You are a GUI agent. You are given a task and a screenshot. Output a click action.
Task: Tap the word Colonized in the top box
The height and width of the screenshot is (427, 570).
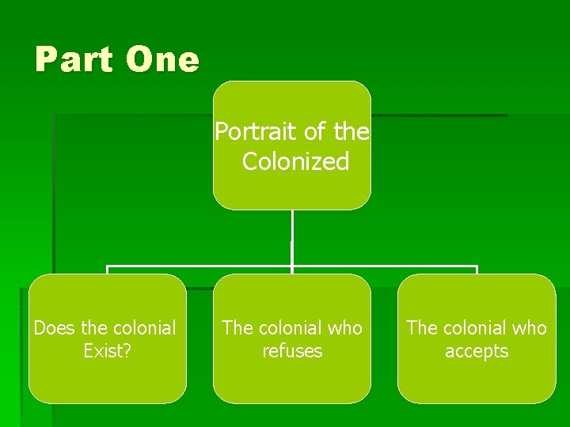[x=295, y=161]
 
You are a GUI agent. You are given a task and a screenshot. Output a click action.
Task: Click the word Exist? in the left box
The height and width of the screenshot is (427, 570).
[x=108, y=350]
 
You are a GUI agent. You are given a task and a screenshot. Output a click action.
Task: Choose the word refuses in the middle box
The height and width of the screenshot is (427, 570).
[x=292, y=350]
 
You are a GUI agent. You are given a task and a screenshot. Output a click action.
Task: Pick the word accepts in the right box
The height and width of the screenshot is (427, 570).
[x=477, y=350]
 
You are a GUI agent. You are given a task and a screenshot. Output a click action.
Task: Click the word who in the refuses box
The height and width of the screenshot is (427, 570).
[x=344, y=327]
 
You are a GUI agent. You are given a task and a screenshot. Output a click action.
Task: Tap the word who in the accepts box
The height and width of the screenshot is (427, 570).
[x=528, y=327]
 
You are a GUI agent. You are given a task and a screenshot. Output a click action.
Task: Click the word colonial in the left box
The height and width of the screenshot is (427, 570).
[x=145, y=327]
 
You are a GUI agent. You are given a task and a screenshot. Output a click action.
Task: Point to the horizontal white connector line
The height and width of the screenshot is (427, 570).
[x=198, y=266]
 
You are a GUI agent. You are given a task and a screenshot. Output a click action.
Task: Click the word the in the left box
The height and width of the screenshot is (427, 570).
[x=93, y=327]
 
